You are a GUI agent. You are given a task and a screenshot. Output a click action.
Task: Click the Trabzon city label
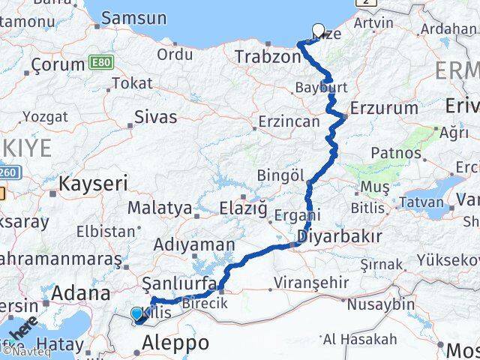(267, 57)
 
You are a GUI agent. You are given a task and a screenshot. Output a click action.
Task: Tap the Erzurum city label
(384, 107)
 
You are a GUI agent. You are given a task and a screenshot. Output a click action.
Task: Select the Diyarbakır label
(339, 237)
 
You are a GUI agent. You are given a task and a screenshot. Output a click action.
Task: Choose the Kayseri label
(94, 183)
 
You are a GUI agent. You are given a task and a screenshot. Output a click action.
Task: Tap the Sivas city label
(155, 116)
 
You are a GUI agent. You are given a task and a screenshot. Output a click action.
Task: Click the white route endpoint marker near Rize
(318, 31)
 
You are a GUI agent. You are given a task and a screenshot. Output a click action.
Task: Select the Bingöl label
(280, 175)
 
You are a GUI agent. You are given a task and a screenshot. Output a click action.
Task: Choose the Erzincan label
(288, 121)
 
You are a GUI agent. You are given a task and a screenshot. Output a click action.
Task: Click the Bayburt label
(322, 88)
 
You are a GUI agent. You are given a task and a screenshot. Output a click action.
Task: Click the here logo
(25, 329)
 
